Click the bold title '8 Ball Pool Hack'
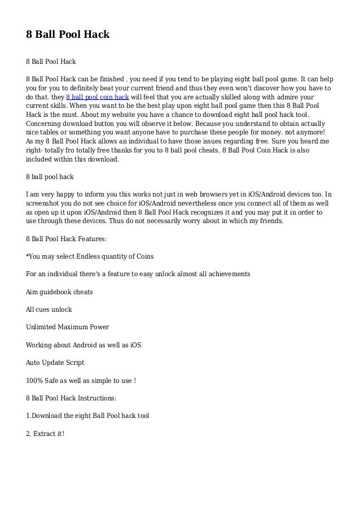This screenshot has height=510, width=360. (67, 34)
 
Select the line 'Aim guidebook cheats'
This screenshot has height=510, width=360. (59, 291)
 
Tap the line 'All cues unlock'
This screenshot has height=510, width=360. (49, 310)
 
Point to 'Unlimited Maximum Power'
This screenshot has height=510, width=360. (68, 327)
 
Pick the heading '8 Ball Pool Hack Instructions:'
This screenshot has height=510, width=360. (71, 398)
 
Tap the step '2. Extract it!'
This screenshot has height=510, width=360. (46, 434)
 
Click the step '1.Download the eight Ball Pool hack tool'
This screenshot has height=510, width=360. (87, 416)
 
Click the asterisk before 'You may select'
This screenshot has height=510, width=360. (28, 255)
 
